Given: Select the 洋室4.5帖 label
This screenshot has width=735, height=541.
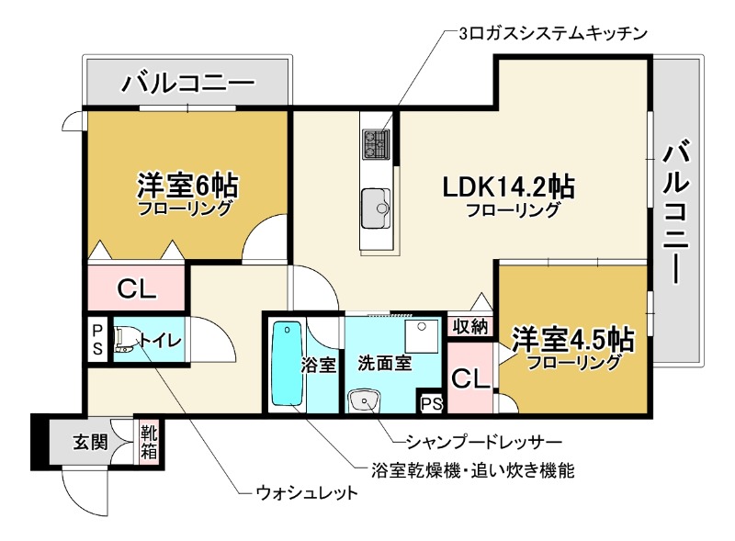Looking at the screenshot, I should [x=572, y=339].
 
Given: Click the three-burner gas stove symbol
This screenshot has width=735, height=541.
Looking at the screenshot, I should [x=377, y=141].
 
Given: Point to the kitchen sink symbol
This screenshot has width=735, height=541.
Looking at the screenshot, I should [x=377, y=203].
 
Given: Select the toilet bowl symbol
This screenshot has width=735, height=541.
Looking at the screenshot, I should [x=123, y=341].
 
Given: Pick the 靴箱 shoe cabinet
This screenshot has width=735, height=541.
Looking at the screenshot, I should [x=148, y=442].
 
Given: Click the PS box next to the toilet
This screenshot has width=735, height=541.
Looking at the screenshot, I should [x=96, y=340].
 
